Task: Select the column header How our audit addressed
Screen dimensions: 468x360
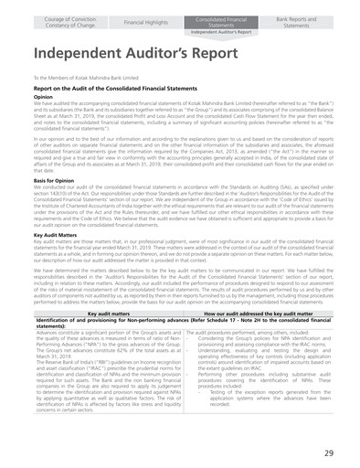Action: (254, 313)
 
